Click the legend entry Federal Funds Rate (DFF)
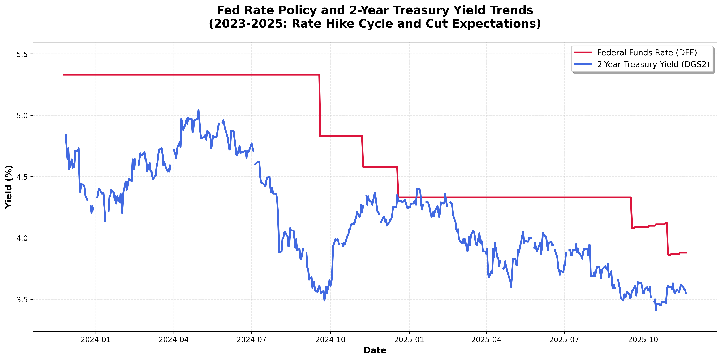coord(647,53)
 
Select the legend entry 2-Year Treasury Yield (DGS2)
coord(653,65)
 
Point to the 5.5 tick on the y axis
coord(22,54)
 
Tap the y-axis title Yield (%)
coord(9,187)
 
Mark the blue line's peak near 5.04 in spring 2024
coord(198,111)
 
